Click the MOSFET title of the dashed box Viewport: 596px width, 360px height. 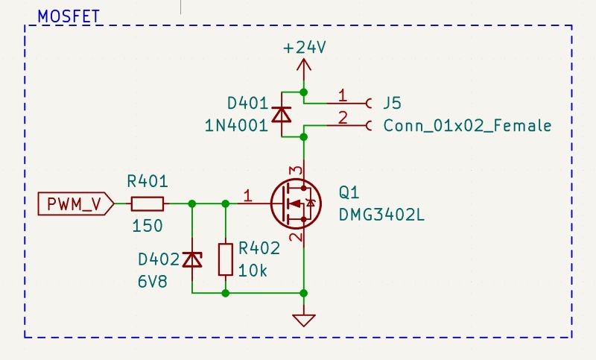point(69,16)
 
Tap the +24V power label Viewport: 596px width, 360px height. point(304,48)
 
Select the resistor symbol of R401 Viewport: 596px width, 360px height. point(147,203)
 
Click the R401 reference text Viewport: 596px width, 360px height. point(147,181)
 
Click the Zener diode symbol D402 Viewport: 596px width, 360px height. point(193,259)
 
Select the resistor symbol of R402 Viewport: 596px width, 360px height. point(226,259)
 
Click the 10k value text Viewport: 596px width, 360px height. point(253,270)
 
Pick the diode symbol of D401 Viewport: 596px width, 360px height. point(281,114)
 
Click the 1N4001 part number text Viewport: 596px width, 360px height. point(236,125)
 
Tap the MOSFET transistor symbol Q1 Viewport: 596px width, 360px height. point(294,203)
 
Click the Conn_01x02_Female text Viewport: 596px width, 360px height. point(467,125)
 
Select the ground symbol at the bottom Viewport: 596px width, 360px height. point(304,320)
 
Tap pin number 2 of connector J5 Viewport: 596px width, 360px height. point(342,117)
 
